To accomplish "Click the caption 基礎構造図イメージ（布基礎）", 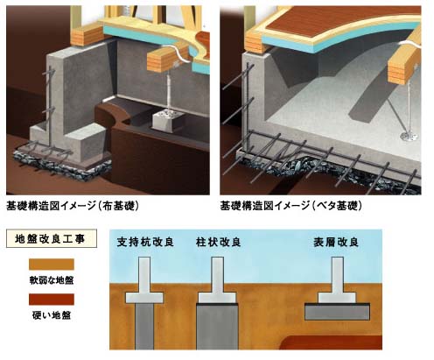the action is (x=73, y=206).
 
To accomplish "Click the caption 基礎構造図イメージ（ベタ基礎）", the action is (x=290, y=206).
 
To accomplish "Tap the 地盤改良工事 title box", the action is (x=52, y=238).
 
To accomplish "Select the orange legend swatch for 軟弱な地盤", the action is (x=52, y=265).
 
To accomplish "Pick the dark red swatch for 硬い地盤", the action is (x=52, y=300).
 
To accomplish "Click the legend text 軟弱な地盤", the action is (x=52, y=280).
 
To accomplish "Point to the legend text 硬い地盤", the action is (x=52, y=315).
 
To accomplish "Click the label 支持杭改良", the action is (x=145, y=242).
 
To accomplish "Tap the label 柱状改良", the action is (x=219, y=242).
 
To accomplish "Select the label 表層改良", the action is (x=336, y=243).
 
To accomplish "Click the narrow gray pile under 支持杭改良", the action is (x=144, y=326).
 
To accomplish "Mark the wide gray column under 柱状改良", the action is (x=217, y=327).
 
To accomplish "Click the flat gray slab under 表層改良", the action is (x=337, y=312).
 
